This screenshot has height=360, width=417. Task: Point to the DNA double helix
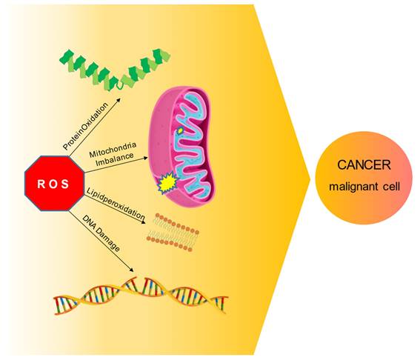[141, 296]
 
